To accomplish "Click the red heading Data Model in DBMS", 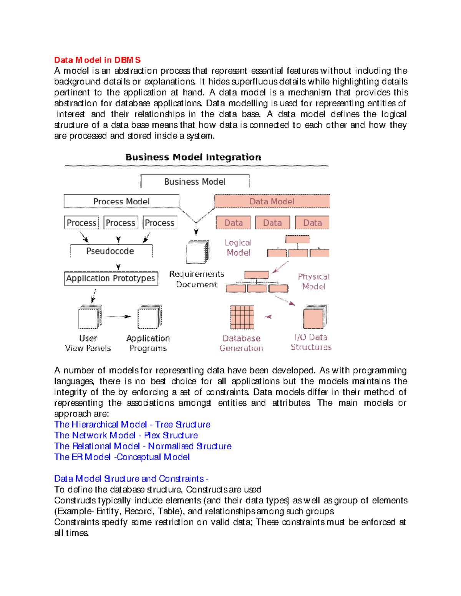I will click(97, 60).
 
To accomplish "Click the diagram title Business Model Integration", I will click(193, 157).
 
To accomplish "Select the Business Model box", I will click(195, 182).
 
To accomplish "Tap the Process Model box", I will click(121, 201).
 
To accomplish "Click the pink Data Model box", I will click(272, 201).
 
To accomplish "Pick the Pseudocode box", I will click(111, 251).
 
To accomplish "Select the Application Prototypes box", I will click(111, 278).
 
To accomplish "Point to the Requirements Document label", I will click(197, 279).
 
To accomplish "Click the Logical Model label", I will click(238, 248).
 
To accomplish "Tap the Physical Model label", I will click(313, 281).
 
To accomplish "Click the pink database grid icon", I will click(242, 317).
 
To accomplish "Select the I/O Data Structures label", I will click(311, 342).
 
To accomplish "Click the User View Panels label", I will click(88, 343).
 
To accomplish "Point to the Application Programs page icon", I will click(149, 317).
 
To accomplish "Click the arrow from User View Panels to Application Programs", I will click(118, 317).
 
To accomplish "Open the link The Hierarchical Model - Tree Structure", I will click(132, 424).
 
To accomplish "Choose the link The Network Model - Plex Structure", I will click(126, 435).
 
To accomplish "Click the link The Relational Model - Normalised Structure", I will click(143, 446).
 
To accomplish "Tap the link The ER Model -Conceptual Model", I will click(122, 457).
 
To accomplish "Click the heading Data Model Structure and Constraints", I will click(131, 479).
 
